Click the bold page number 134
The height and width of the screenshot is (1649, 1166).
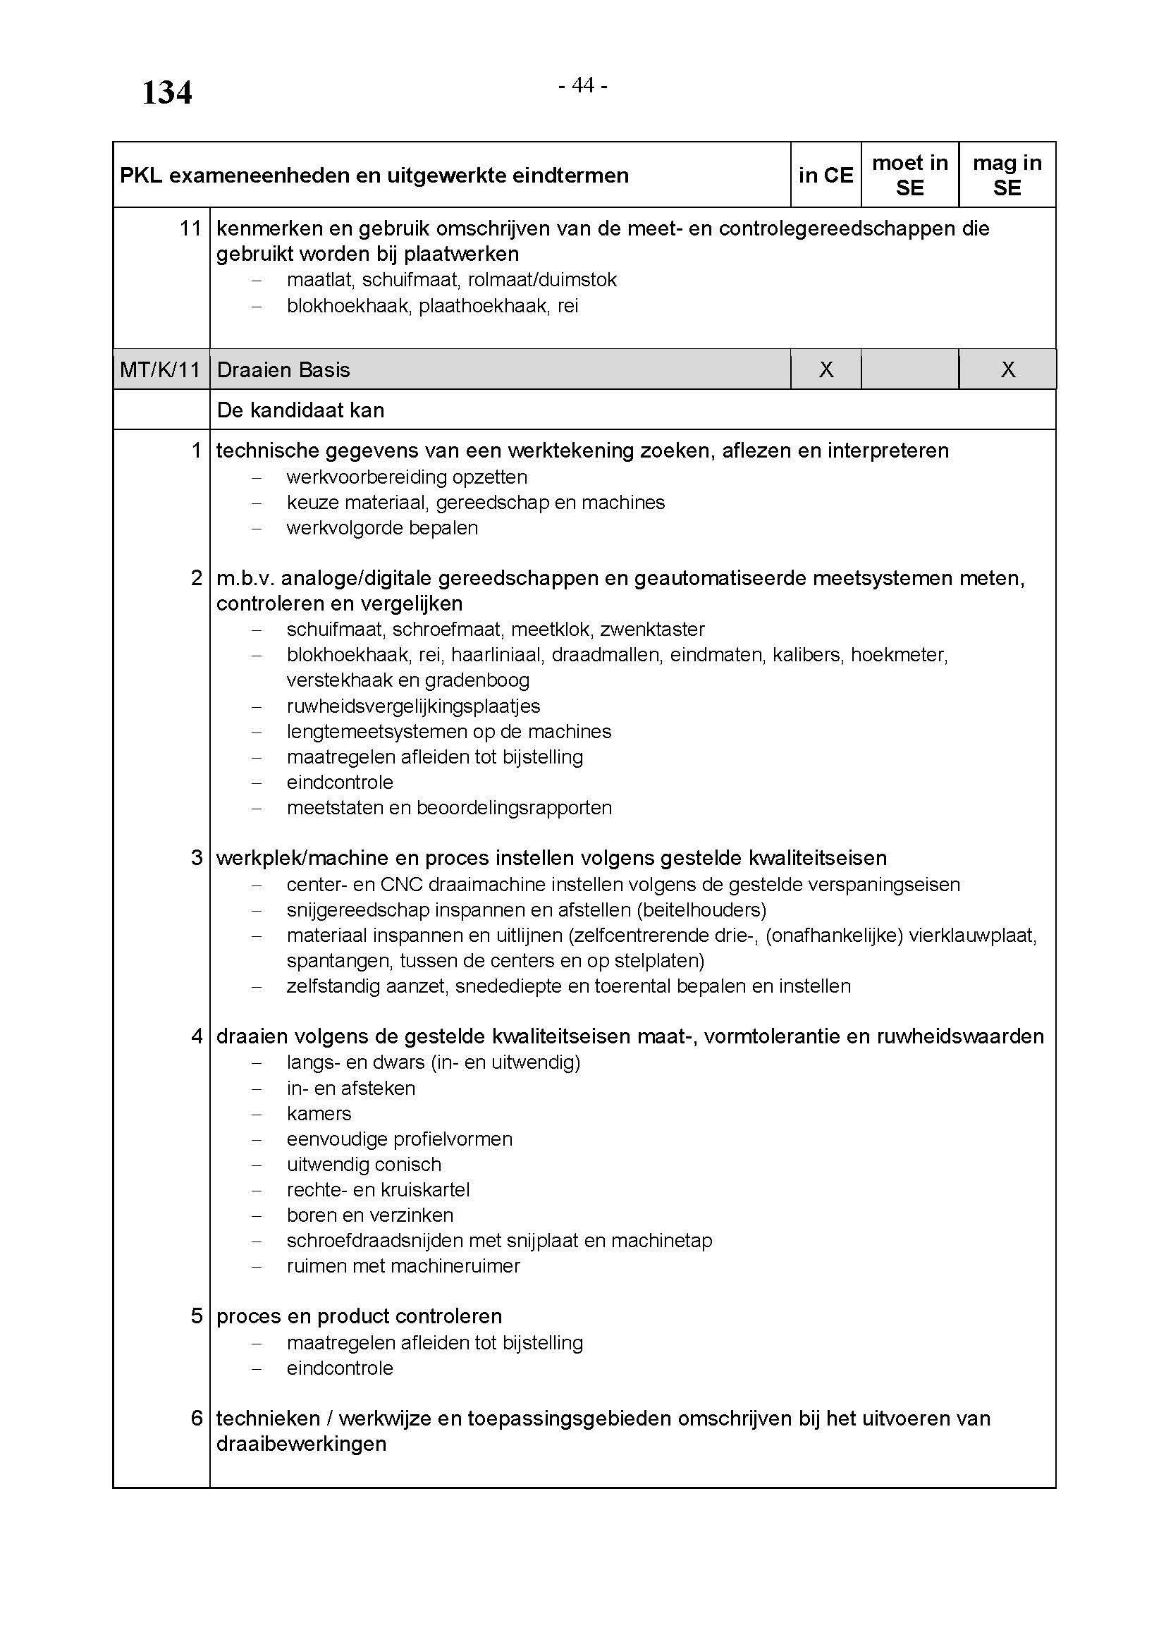166,92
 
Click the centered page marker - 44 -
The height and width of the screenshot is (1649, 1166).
583,85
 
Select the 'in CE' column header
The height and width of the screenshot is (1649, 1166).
826,176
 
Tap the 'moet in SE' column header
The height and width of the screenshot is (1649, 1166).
909,176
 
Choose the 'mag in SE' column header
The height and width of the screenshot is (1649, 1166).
1007,176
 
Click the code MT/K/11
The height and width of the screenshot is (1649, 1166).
160,370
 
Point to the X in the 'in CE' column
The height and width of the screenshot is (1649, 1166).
826,370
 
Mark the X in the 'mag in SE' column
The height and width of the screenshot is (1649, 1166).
1008,370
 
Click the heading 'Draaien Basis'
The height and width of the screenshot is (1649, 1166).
283,370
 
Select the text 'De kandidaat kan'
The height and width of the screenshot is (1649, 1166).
300,410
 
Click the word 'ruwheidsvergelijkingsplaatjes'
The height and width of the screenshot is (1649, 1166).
414,706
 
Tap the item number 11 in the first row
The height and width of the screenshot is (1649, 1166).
190,228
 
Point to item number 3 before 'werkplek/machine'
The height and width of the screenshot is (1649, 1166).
197,857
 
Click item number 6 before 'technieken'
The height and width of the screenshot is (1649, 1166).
197,1418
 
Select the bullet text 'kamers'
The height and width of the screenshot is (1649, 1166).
319,1113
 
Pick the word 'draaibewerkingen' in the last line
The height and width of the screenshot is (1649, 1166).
302,1444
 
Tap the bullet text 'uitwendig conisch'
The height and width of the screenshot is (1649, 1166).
364,1164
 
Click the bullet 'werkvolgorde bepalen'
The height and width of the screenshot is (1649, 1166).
382,528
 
